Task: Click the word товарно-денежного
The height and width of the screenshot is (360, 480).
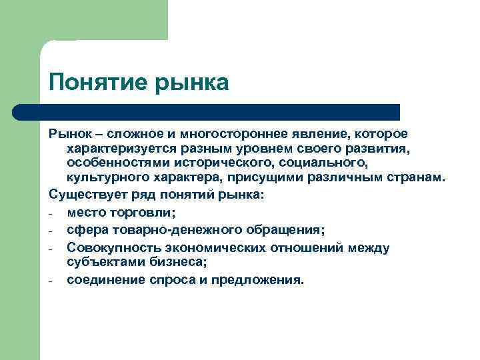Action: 177,230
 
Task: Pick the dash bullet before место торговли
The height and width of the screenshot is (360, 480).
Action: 51,214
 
